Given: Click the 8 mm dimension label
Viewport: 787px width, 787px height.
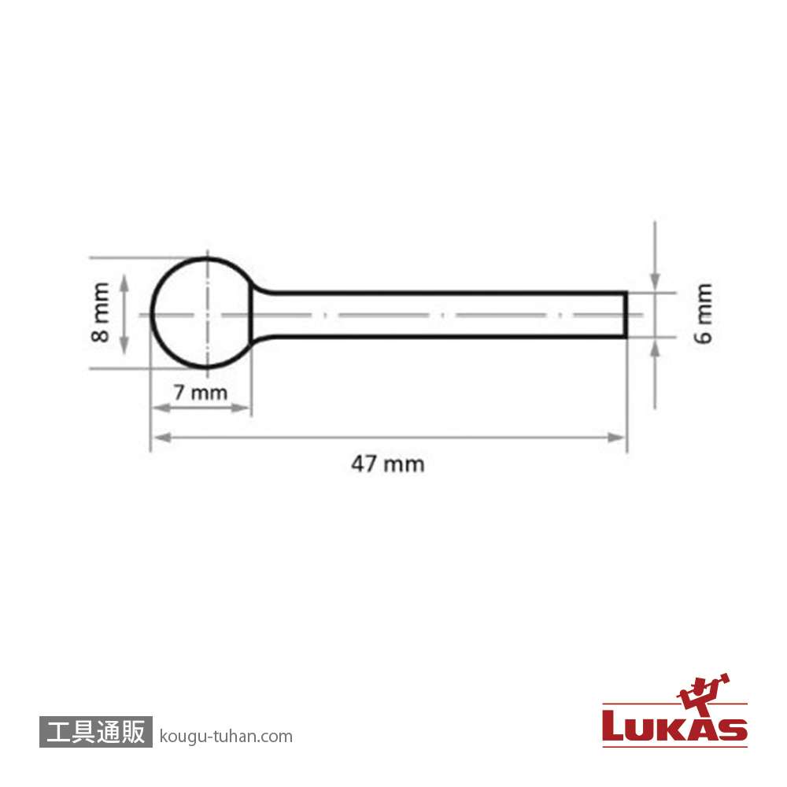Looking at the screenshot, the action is pos(101,312).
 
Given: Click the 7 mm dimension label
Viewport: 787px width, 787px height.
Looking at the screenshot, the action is pos(200,392).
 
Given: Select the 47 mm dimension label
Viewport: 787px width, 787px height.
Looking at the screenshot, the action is pos(388,464).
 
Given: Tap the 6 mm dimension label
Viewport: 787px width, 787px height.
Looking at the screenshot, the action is pos(704,313).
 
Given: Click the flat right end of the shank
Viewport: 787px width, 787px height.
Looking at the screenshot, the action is pos(626,315).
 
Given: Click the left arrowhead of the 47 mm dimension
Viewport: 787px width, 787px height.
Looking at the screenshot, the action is pos(161,438).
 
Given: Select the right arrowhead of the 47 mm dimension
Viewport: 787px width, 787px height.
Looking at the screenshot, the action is pos(616,438).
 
